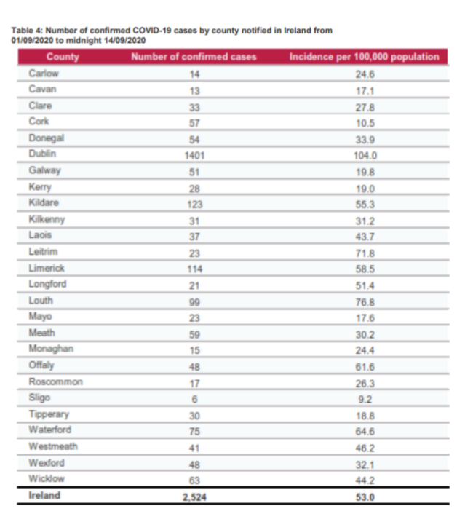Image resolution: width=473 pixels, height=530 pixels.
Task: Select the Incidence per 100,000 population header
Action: (x=364, y=57)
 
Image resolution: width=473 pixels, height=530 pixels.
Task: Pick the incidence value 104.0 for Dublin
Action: (x=364, y=155)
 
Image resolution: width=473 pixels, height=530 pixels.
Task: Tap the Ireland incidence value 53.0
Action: (x=364, y=496)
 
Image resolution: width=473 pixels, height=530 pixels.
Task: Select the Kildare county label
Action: (x=43, y=203)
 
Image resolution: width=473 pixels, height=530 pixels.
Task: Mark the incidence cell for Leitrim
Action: (x=364, y=252)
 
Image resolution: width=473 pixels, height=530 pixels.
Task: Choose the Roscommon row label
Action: (x=55, y=381)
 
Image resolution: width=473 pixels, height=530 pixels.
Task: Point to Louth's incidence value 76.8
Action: (x=364, y=301)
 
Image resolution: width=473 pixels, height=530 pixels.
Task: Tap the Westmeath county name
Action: (x=53, y=446)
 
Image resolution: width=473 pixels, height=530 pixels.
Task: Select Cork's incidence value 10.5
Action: (x=364, y=122)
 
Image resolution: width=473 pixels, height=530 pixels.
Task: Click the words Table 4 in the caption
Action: (x=27, y=31)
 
